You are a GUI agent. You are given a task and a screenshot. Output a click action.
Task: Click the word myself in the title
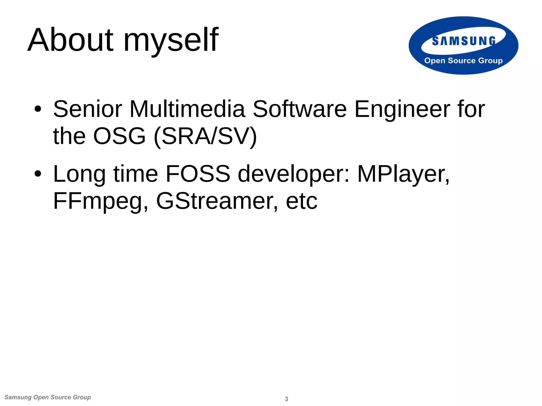pos(171,41)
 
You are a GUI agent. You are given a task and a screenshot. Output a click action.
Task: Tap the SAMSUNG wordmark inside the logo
pos(464,41)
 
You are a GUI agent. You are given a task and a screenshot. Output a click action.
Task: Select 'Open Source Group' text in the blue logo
pos(463,61)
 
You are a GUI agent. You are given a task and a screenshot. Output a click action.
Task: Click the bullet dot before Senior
pos(38,109)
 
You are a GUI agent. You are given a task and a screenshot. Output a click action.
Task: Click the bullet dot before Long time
pos(38,174)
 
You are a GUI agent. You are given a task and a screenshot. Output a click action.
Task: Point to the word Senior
pos(88,109)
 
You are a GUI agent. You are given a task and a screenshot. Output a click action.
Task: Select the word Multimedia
pos(187,109)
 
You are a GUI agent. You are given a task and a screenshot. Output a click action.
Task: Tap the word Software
pos(300,109)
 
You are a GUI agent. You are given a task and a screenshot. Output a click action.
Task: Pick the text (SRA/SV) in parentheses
pos(205,136)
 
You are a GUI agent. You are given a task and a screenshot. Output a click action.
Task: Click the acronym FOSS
pos(198,174)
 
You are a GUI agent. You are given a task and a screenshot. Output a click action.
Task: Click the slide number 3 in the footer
pos(286,399)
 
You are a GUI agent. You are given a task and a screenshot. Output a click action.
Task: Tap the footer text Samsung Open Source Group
pos(48,397)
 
